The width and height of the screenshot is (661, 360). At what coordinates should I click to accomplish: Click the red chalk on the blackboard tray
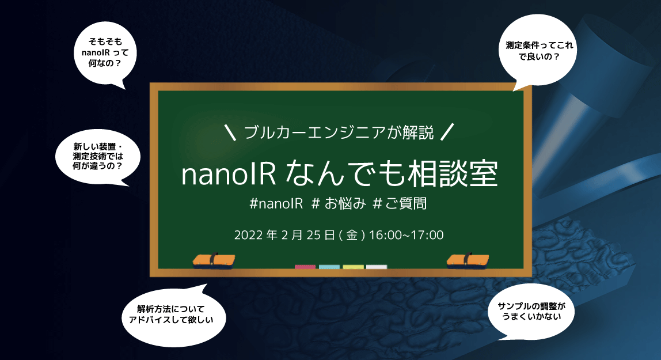[x=305, y=267]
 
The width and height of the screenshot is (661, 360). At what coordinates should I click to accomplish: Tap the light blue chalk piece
[x=329, y=267]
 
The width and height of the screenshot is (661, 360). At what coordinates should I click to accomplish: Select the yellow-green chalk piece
[x=353, y=267]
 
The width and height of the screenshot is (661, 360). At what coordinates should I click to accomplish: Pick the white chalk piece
[x=377, y=267]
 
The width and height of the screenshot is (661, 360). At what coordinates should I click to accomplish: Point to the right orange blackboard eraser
[x=467, y=260]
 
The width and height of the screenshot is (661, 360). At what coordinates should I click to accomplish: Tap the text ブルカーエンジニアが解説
[x=338, y=132]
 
